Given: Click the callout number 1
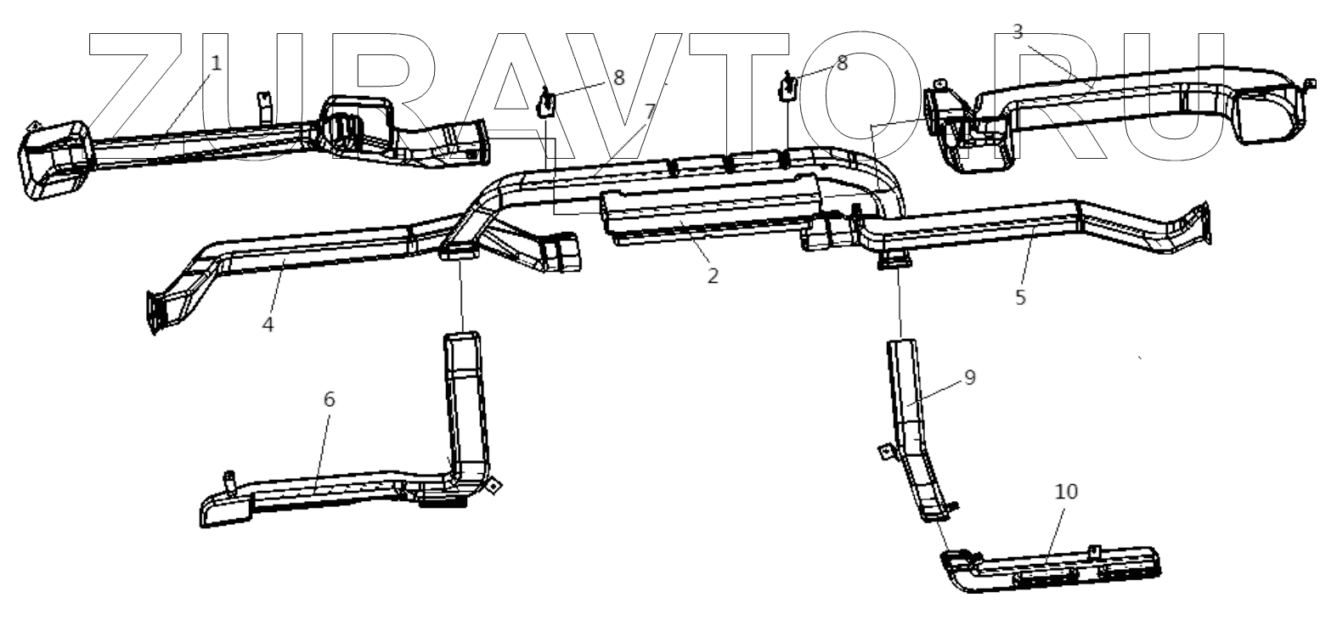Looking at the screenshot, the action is point(216,63).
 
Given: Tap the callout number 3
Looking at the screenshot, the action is point(1018,32).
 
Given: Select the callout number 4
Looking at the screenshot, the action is point(268,324).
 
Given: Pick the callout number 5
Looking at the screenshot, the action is point(1020,296).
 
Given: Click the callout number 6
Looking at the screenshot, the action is point(330,399).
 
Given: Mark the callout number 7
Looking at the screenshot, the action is point(650,111).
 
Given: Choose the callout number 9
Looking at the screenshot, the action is point(970,376).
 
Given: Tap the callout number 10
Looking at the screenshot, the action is point(1066,491).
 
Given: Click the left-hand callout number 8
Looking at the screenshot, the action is point(618,78).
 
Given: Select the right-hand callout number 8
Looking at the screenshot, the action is point(842,63).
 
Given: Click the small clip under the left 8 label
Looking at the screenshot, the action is point(547,103).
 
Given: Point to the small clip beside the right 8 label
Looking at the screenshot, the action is point(787,86).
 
